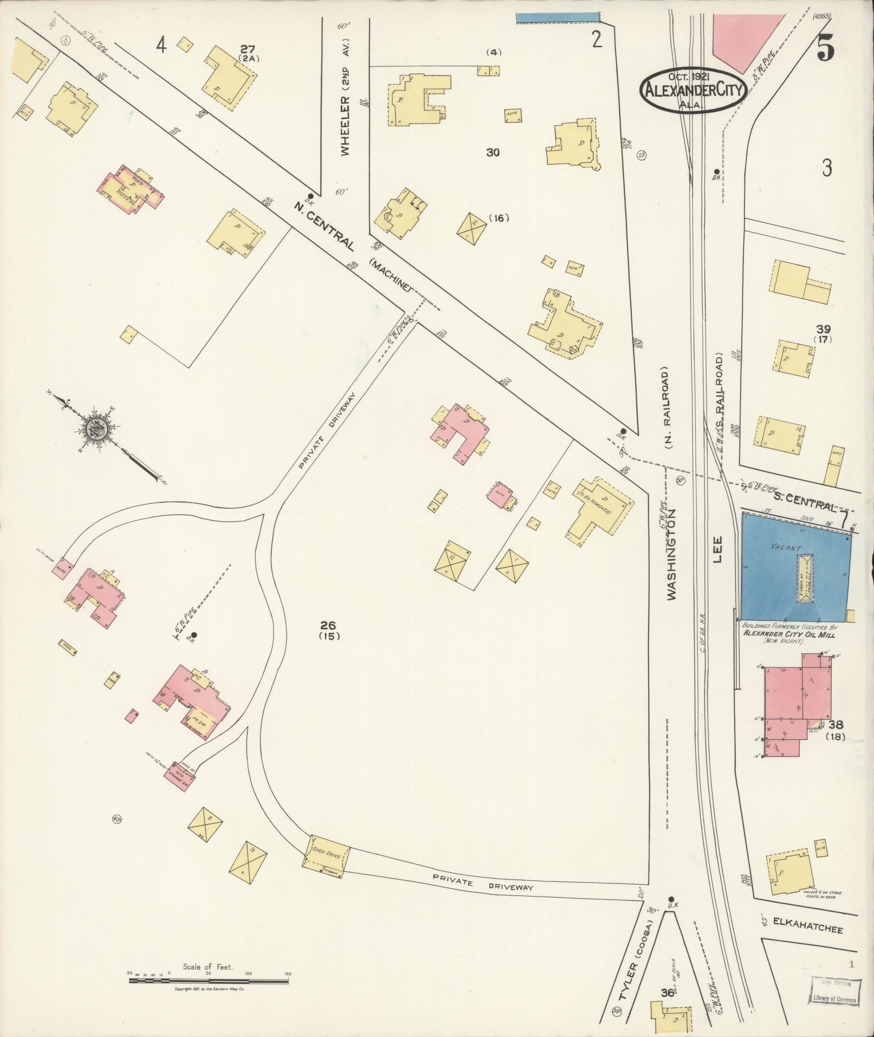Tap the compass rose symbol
pos(98,428)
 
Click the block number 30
pos(493,152)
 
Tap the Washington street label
pos(672,554)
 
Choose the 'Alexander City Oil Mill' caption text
pos(789,633)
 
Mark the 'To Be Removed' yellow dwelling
pos(598,510)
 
